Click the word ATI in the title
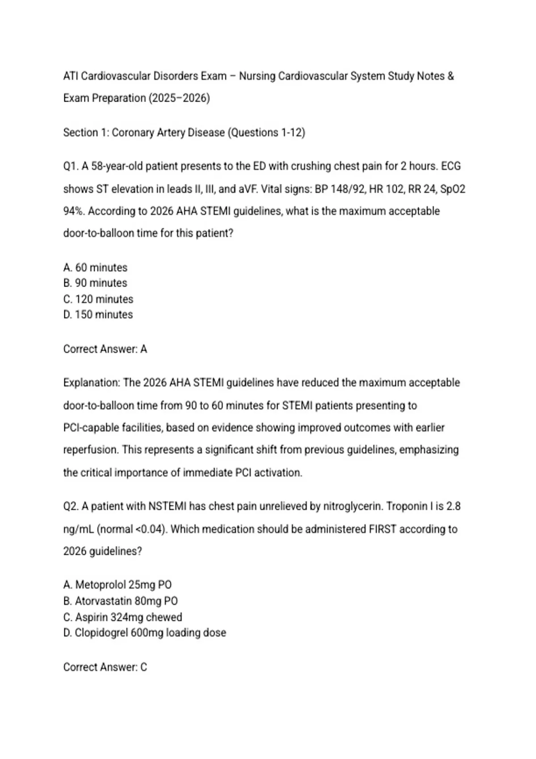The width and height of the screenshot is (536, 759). pos(71,76)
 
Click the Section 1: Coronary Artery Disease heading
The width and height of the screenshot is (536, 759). pos(184,133)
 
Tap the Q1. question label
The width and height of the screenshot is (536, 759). pos(71,167)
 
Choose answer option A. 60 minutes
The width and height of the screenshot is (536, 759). pos(95,267)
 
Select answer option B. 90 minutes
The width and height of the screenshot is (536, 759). pos(95,283)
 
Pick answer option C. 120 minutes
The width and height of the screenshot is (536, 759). pos(98,299)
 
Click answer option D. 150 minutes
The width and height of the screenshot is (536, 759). pos(98,315)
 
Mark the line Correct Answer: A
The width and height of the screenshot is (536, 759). pos(105,349)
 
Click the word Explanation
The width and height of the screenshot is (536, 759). pos(92,383)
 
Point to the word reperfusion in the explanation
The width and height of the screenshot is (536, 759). pos(91,450)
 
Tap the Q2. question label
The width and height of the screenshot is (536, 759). pos(71,507)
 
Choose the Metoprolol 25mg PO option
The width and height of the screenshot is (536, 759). pos(117,585)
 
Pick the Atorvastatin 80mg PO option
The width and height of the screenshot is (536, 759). pos(121,601)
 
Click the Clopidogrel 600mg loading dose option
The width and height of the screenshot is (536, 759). pos(145,633)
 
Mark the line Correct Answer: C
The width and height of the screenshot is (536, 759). pos(105,667)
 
